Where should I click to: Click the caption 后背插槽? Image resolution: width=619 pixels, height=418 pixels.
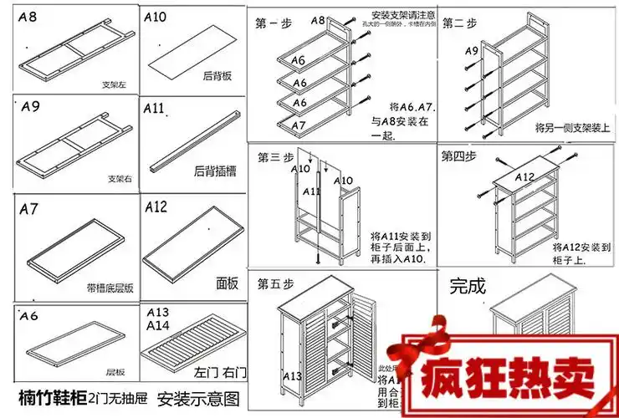tap(212, 171)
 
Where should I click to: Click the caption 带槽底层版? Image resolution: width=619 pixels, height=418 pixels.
tap(110, 288)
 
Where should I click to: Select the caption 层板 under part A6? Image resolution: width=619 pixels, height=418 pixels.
tap(115, 372)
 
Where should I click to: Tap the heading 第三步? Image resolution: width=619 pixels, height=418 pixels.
tap(274, 156)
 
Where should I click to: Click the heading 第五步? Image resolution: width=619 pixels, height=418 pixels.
tap(274, 282)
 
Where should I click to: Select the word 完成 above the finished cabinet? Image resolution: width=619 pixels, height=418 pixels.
tap(468, 285)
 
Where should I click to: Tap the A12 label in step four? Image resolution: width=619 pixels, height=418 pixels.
tap(524, 177)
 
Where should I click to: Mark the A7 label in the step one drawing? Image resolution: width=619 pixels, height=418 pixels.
tap(299, 125)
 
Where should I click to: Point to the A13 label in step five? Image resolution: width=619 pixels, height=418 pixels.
tap(293, 376)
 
